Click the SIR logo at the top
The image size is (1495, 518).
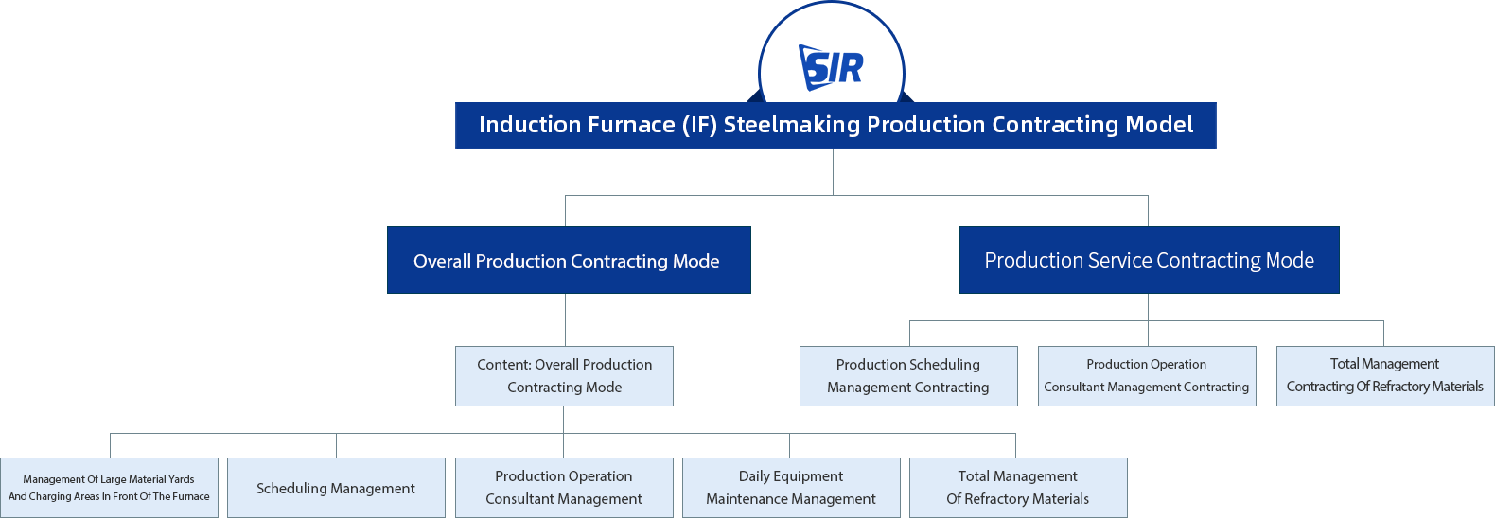click(831, 67)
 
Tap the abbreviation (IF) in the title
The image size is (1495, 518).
click(699, 125)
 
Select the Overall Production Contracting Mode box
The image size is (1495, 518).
click(569, 260)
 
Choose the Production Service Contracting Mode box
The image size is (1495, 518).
click(1150, 260)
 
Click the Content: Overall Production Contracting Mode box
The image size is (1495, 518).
click(564, 376)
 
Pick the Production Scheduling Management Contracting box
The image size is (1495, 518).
click(908, 376)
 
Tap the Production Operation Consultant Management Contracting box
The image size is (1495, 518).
click(1147, 376)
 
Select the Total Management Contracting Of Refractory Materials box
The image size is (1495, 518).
click(1385, 376)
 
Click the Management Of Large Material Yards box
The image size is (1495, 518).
click(109, 488)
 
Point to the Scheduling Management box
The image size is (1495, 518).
click(336, 488)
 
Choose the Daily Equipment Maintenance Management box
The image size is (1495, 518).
click(791, 488)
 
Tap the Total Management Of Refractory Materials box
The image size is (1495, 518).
click(1018, 488)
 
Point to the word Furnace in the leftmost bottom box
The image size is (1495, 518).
click(190, 496)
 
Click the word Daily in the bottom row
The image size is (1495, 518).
click(754, 476)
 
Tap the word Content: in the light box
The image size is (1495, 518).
click(504, 365)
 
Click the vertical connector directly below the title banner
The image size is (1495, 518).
click(833, 172)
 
